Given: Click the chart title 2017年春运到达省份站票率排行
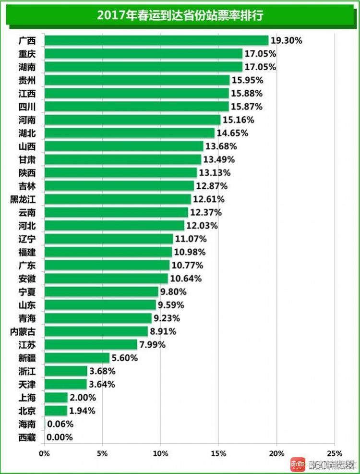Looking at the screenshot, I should click(180, 15).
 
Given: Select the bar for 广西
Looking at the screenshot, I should click(156, 40).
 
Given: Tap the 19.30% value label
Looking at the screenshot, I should click(286, 41).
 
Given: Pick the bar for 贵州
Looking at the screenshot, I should click(137, 80).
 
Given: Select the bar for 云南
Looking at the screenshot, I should click(116, 212).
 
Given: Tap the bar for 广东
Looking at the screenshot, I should click(107, 265).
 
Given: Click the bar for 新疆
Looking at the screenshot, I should click(77, 358).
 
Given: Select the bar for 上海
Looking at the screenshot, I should click(56, 398).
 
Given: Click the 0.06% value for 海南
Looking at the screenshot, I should click(60, 424).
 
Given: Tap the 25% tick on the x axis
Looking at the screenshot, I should click(335, 453).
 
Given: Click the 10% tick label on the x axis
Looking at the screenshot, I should click(160, 453).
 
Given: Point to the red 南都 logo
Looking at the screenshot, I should click(298, 464).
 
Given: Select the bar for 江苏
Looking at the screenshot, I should click(91, 344).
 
